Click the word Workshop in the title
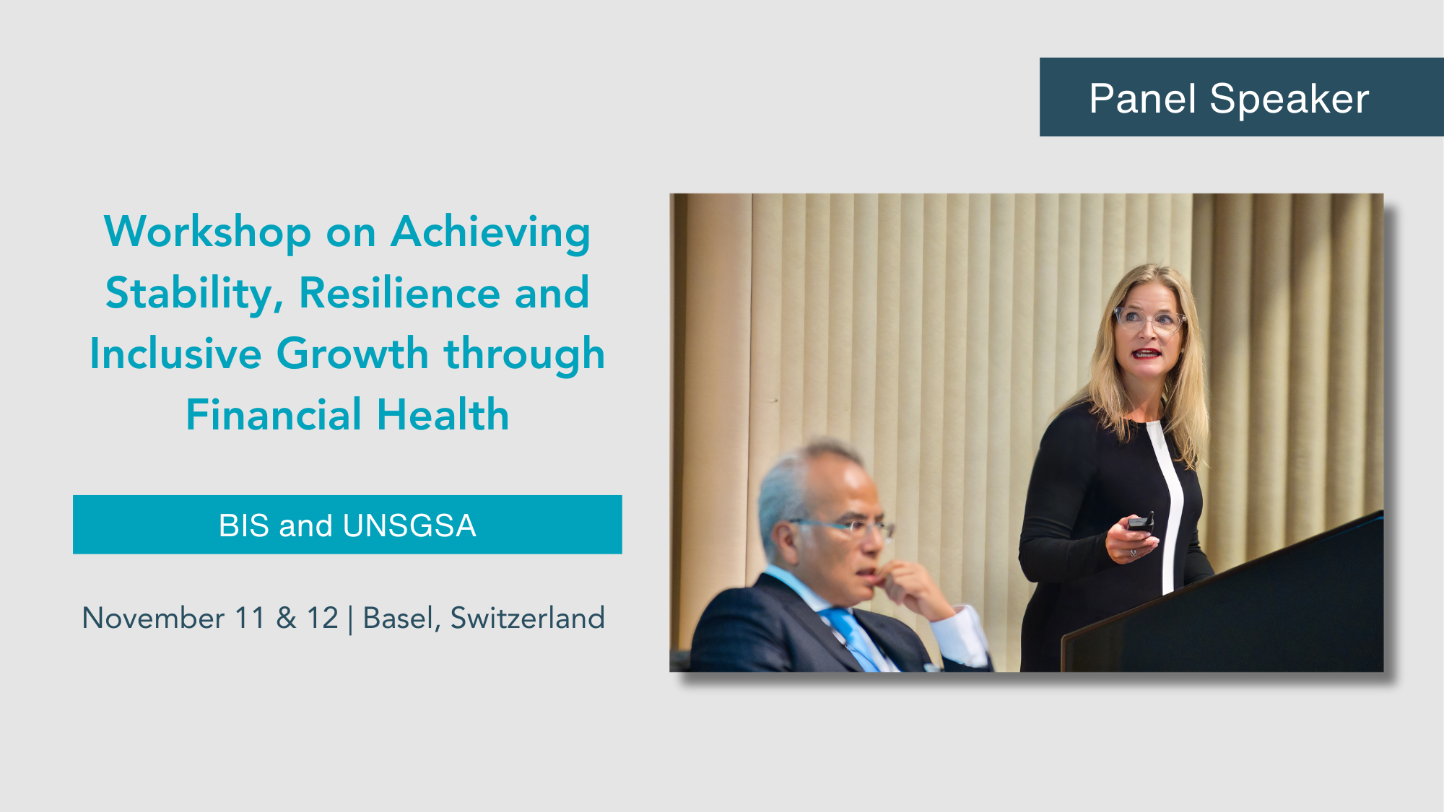point(207,232)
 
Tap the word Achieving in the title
point(491,232)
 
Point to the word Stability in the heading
point(194,294)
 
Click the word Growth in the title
point(352,354)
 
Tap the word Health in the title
point(443,415)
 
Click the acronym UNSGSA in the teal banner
point(410,525)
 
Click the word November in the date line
point(153,619)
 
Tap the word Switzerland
point(528,619)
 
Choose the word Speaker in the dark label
point(1289,98)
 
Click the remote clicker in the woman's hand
point(1141,522)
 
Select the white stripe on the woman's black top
point(1167,505)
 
